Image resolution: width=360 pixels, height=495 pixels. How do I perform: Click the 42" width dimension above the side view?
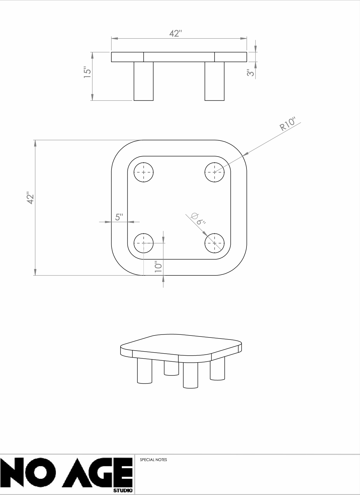(176, 33)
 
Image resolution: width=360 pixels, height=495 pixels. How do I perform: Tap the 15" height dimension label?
(88, 72)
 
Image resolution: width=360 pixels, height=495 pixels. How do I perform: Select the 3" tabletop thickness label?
(251, 73)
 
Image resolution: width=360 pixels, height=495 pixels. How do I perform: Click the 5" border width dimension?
(119, 217)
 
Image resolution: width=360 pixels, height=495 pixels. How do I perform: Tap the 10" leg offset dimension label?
(159, 267)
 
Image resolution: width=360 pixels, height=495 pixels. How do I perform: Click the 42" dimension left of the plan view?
(30, 198)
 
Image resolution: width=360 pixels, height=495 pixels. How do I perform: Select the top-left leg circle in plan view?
(144, 172)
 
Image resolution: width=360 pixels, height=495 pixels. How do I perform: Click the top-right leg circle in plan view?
(214, 172)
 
